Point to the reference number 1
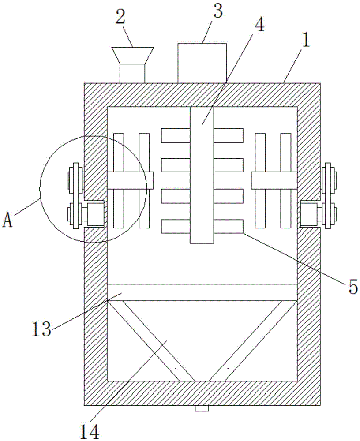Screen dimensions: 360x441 [x=306, y=40]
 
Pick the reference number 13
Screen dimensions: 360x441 [x=41, y=329]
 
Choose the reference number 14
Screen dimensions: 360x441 [x=90, y=432]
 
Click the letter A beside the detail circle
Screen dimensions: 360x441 [x=8, y=221]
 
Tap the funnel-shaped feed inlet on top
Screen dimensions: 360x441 [x=132, y=65]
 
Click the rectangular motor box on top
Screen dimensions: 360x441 [x=202, y=63]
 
